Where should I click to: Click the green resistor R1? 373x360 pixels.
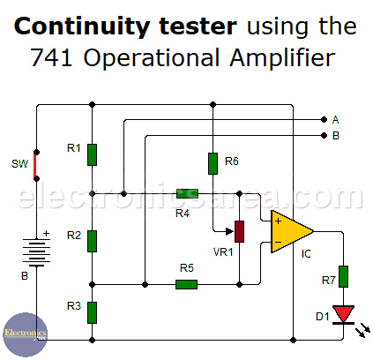(92, 154)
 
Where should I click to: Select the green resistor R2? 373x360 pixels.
(92, 241)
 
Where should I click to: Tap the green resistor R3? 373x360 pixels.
(92, 312)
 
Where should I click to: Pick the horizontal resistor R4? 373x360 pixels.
(187, 193)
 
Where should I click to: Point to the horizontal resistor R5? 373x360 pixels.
(186, 284)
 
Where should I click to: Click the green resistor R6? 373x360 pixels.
(213, 163)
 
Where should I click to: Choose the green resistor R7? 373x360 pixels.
(343, 276)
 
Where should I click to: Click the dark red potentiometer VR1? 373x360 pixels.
(239, 231)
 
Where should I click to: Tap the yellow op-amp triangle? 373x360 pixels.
(292, 231)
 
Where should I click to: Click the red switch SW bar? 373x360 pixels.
(35, 165)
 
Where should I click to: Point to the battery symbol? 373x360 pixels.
(36, 252)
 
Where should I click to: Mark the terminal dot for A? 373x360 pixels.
(324, 119)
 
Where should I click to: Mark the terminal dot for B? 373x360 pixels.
(324, 135)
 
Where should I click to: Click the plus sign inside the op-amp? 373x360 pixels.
(278, 221)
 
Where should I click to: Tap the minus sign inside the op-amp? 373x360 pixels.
(278, 242)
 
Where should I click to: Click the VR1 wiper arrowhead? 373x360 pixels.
(230, 231)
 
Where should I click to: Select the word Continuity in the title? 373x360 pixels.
(81, 27)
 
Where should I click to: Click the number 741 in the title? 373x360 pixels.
(51, 57)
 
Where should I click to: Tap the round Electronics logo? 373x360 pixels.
(26, 334)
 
